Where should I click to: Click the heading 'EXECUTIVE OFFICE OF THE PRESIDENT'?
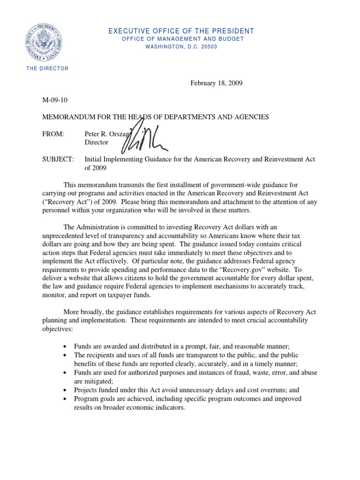[181, 31]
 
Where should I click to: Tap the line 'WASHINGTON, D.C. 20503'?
[181, 47]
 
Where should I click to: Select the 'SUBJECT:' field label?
[59, 159]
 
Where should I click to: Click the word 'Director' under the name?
[96, 142]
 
